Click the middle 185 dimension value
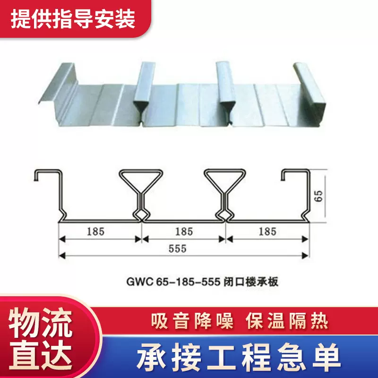(x=183, y=232)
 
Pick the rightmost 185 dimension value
(x=267, y=232)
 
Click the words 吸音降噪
(x=192, y=322)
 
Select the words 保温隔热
(x=287, y=322)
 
